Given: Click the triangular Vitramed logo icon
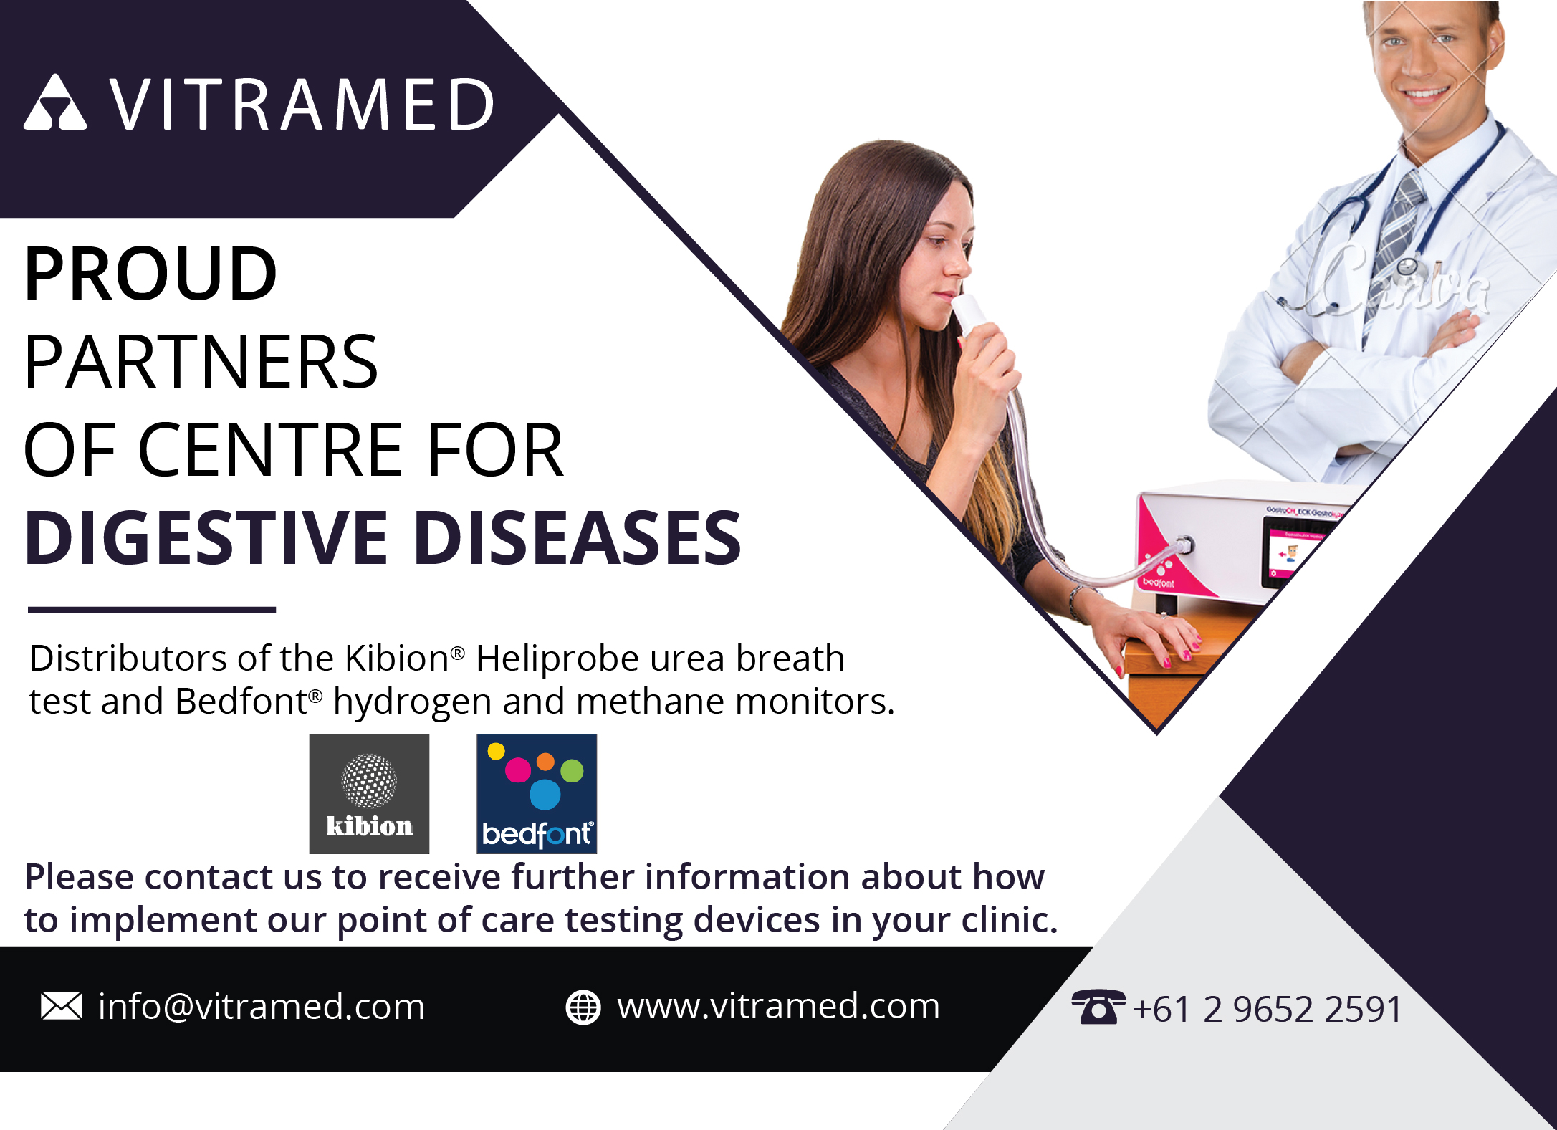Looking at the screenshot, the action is [55, 103].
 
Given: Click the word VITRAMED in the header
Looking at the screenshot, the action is [302, 105].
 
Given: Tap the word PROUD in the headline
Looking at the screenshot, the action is [150, 273].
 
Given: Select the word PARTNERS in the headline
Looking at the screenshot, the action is [201, 362].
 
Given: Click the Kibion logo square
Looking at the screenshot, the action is [369, 793].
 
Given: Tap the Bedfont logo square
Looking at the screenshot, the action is [537, 793].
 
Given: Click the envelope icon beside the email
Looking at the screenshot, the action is [62, 1006].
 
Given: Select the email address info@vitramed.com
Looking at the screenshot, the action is [262, 1007].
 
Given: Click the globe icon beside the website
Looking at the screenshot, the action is [583, 1007].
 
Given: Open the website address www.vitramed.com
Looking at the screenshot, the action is [779, 1006].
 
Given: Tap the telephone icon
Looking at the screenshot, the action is [1098, 1007].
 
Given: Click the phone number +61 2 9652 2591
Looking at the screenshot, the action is [1268, 1009].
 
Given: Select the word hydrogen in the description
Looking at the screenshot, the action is [412, 702].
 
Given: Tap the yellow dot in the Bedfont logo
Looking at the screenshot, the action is [496, 752].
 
